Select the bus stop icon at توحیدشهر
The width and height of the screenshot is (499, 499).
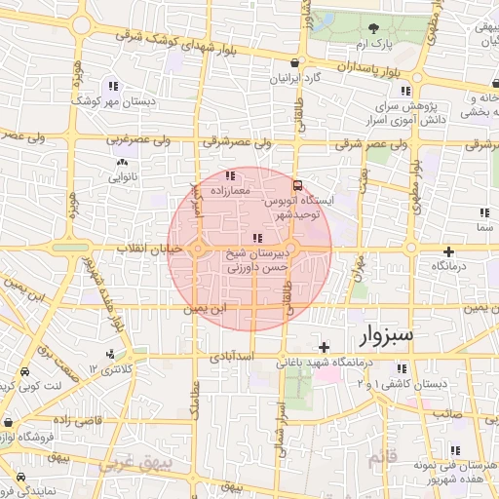pyautogui.click(x=297, y=182)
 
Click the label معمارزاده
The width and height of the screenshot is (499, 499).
pyautogui.click(x=230, y=190)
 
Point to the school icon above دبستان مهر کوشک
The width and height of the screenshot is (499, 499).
pyautogui.click(x=114, y=85)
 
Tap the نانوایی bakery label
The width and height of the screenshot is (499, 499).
pyautogui.click(x=122, y=176)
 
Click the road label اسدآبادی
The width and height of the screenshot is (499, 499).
pyautogui.click(x=233, y=357)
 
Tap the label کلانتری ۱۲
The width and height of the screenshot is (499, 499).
pyautogui.click(x=107, y=368)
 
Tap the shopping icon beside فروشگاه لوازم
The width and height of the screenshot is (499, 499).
pyautogui.click(x=8, y=424)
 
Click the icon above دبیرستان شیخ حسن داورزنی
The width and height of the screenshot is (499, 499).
pyautogui.click(x=256, y=239)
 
